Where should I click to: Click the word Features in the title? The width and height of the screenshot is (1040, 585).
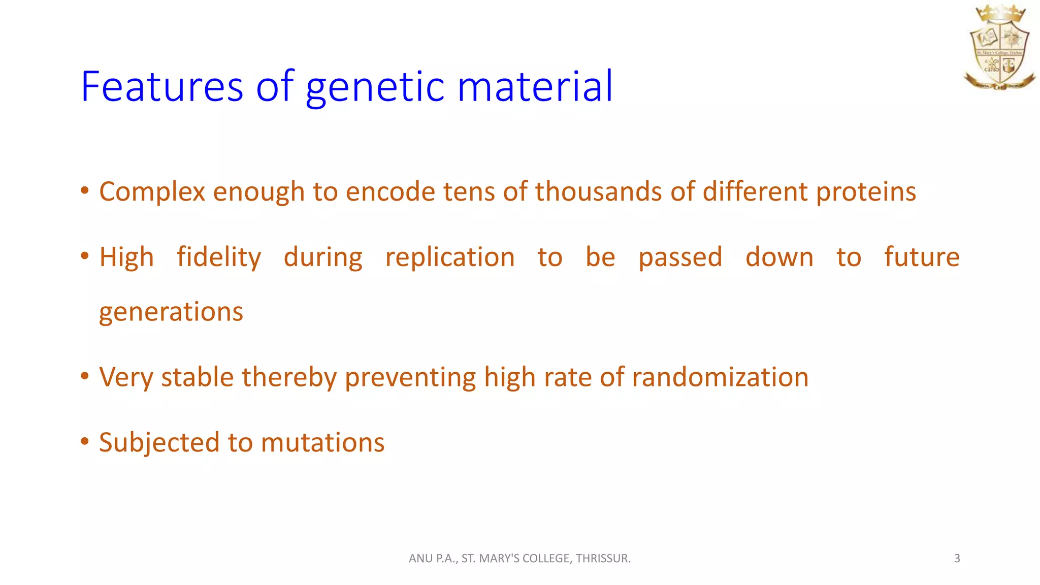tap(162, 86)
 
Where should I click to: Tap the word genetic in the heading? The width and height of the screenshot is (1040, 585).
tap(375, 86)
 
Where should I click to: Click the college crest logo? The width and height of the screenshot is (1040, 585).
tap(999, 48)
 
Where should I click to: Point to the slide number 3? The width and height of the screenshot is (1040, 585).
tap(957, 558)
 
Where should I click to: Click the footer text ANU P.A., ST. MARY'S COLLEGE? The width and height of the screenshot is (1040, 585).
tap(519, 558)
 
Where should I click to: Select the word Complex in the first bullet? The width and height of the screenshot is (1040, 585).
tap(152, 192)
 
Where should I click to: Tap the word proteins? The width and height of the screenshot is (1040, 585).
tap(866, 192)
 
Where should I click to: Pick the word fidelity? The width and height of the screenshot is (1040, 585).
tap(219, 257)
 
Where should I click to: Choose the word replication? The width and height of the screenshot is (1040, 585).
tap(450, 257)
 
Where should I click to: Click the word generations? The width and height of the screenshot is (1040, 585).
tap(171, 311)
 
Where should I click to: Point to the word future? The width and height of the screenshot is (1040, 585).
tap(922, 257)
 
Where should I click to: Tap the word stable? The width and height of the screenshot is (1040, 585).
tap(198, 377)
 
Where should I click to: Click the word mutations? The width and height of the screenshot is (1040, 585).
tap(322, 442)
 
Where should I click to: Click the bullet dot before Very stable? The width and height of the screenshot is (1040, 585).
tap(85, 376)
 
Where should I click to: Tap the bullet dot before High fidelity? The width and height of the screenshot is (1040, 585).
tap(85, 256)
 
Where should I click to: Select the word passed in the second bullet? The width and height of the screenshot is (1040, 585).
tap(680, 257)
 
